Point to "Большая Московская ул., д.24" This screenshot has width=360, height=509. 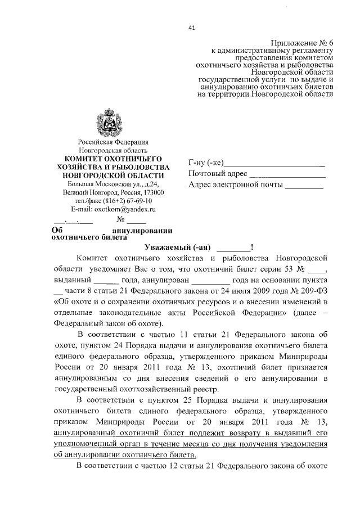pos(113,183)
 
